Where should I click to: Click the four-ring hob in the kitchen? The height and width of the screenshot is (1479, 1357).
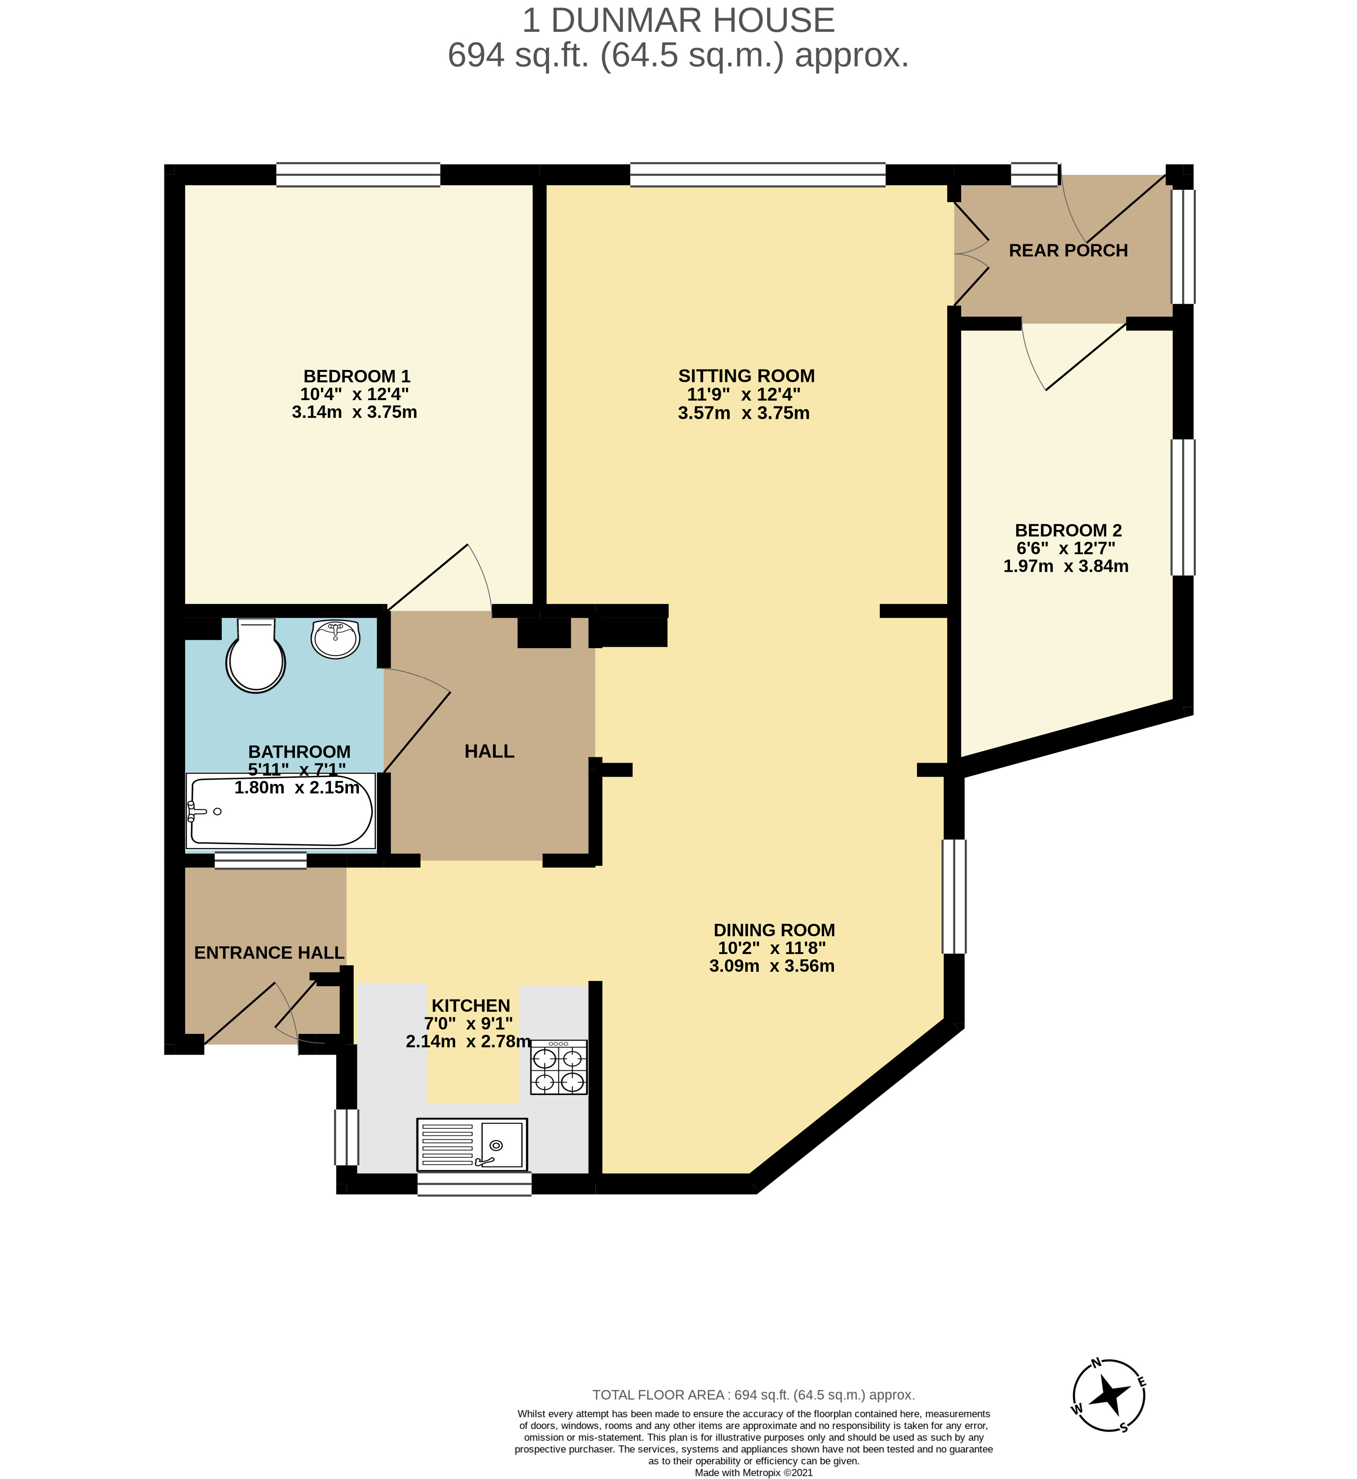559,1068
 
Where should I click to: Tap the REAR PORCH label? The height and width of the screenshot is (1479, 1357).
1068,250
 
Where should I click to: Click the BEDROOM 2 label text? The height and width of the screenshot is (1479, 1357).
1068,530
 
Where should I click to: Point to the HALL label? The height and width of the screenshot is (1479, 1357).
489,751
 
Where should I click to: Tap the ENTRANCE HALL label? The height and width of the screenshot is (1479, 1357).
269,952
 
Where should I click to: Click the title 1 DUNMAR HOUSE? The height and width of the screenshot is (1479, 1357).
678,21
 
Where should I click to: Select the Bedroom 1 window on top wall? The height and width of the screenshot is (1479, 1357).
358,175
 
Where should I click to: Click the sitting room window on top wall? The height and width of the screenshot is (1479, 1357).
757,175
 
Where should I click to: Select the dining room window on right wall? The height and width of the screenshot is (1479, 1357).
954,896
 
